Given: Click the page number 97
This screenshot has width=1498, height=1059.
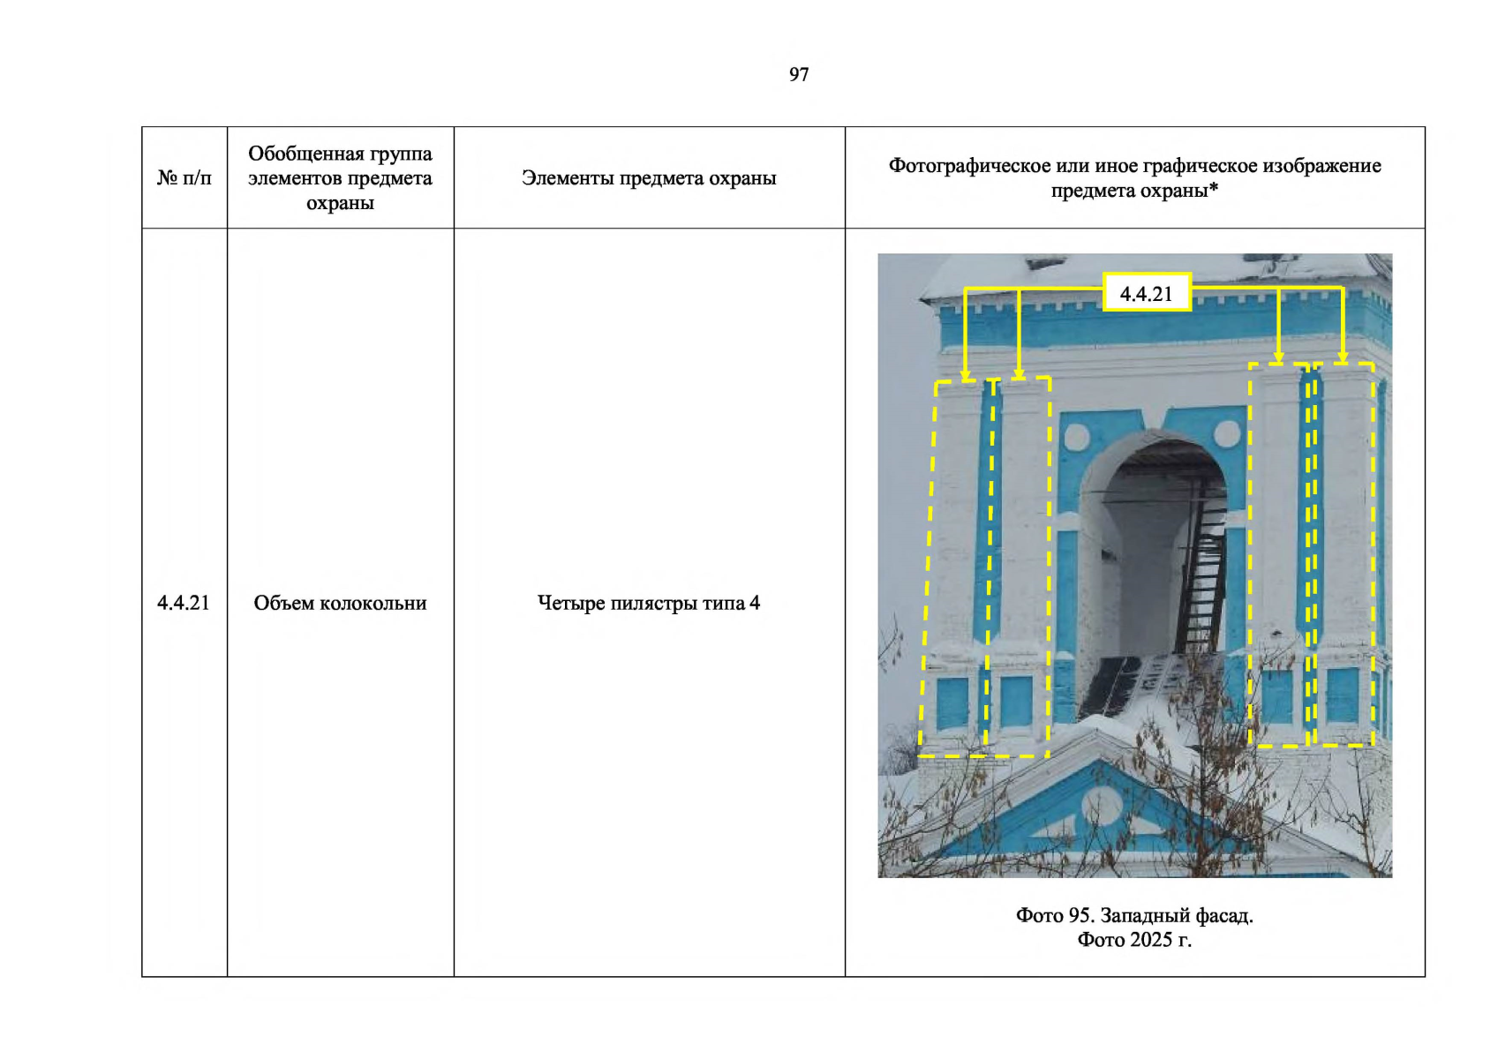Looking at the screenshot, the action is click(799, 74).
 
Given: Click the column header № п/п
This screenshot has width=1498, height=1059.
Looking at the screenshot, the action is click(184, 178).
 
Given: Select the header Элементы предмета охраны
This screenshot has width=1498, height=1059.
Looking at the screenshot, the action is click(649, 178).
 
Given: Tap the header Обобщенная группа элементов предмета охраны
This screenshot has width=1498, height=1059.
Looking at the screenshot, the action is click(341, 178).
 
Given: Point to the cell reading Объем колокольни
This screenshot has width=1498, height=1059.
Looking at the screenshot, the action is click(341, 603).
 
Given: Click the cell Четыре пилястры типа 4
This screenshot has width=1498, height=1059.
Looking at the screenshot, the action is click(649, 603).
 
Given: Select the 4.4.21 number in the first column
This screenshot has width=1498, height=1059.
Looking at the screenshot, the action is click(184, 603).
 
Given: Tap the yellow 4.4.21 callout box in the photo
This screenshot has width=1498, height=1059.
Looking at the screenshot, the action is click(1147, 292).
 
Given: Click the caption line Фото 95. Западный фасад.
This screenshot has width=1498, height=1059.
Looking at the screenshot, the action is click(1135, 915).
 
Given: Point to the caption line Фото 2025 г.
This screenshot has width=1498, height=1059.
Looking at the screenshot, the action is click(1135, 940).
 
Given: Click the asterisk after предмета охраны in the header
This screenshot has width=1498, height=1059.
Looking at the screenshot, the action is click(1213, 188).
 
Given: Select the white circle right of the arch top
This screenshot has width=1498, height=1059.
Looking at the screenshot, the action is click(1227, 434).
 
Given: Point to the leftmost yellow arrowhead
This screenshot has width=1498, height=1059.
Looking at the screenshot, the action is click(966, 375).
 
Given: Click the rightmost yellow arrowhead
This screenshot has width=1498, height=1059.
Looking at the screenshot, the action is click(1342, 357).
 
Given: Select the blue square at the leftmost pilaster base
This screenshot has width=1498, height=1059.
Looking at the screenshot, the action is click(952, 703).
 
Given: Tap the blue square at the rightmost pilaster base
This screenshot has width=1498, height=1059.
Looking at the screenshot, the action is click(1343, 695).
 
